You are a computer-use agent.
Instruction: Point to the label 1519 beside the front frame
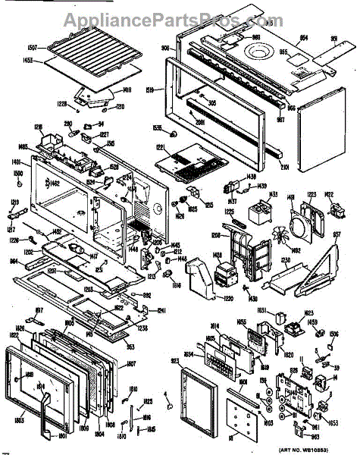tap(150, 90)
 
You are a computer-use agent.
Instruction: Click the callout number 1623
tap(309, 312)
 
